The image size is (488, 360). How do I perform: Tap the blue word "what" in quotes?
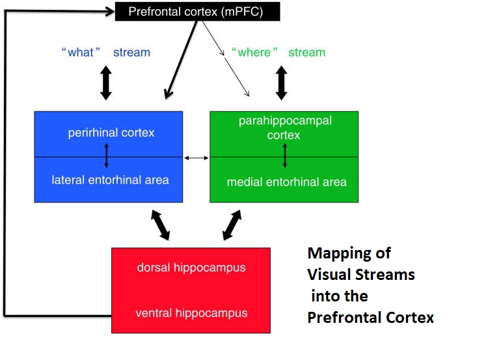coord(81,52)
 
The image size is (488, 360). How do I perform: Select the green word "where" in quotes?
coord(254,52)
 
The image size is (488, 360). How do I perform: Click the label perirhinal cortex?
coord(111,133)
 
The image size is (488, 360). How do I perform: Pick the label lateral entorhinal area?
coord(111,179)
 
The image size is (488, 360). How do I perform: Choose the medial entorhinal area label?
coord(286,182)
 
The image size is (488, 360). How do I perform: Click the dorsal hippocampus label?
coord(191,267)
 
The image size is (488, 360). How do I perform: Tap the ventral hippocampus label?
coord(191,312)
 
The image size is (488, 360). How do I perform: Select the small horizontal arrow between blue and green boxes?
coord(197,158)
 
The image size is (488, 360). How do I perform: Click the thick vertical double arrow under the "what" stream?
coord(106,83)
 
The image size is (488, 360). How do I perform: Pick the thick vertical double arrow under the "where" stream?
coord(281,83)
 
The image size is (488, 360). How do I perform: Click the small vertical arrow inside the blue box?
coord(106,157)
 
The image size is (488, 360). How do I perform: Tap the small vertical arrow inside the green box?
coord(285,157)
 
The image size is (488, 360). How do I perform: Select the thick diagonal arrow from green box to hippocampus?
coord(230,225)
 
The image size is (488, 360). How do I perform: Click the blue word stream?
coord(131,52)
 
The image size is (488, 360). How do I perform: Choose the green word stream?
coord(306,52)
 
